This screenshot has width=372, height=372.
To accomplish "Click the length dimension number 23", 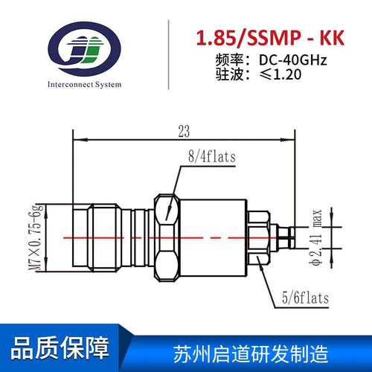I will click(x=184, y=131).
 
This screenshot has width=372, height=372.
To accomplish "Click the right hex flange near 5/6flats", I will click(x=256, y=237).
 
